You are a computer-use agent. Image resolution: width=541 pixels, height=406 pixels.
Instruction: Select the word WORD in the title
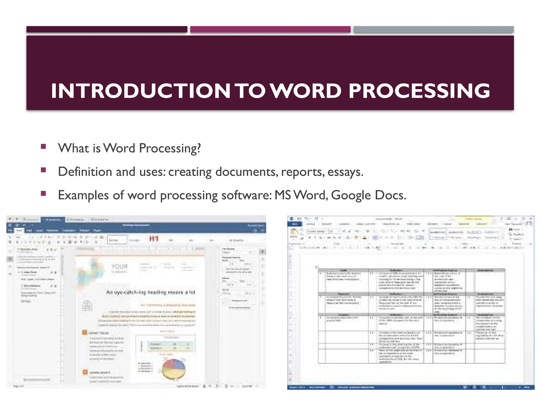point(306,91)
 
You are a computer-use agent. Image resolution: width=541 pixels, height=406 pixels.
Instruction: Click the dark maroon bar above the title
point(107,29)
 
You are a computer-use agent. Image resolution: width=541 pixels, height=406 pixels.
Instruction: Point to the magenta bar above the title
point(270,29)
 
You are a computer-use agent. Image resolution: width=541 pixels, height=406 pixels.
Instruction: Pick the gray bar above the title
point(433,29)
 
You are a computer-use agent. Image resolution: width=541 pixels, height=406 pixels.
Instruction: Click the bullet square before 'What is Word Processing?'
point(44,146)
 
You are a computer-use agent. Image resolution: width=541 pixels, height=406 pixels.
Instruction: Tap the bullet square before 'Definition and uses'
point(44,170)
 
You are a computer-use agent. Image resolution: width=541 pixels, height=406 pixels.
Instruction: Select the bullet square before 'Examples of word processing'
point(44,193)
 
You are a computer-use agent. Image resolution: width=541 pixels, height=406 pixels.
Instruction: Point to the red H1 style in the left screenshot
point(154,239)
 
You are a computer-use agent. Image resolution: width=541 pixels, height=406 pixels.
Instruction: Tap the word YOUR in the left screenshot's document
point(119,266)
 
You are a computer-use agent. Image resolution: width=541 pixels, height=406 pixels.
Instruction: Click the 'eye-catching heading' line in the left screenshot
point(151,292)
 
